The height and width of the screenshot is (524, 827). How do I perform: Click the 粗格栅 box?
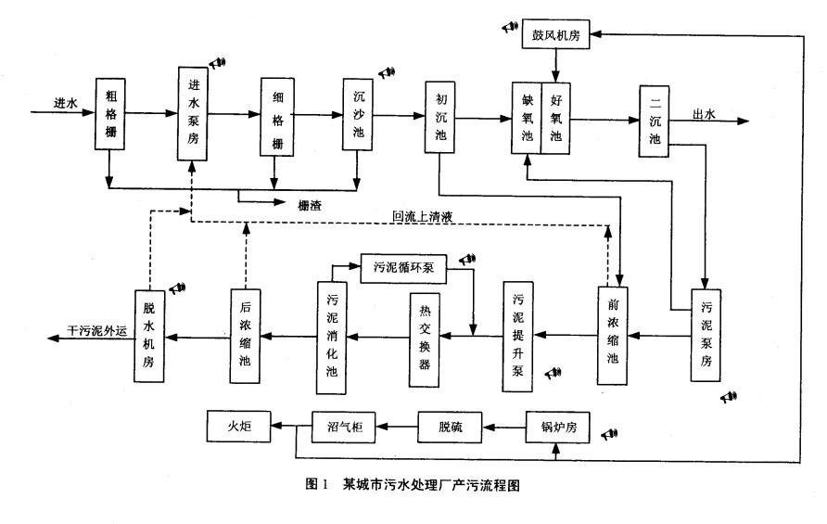click(109, 114)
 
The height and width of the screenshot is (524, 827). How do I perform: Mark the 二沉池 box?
click(655, 118)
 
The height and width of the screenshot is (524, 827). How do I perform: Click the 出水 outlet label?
click(706, 115)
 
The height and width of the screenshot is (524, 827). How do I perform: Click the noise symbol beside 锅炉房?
click(609, 434)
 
